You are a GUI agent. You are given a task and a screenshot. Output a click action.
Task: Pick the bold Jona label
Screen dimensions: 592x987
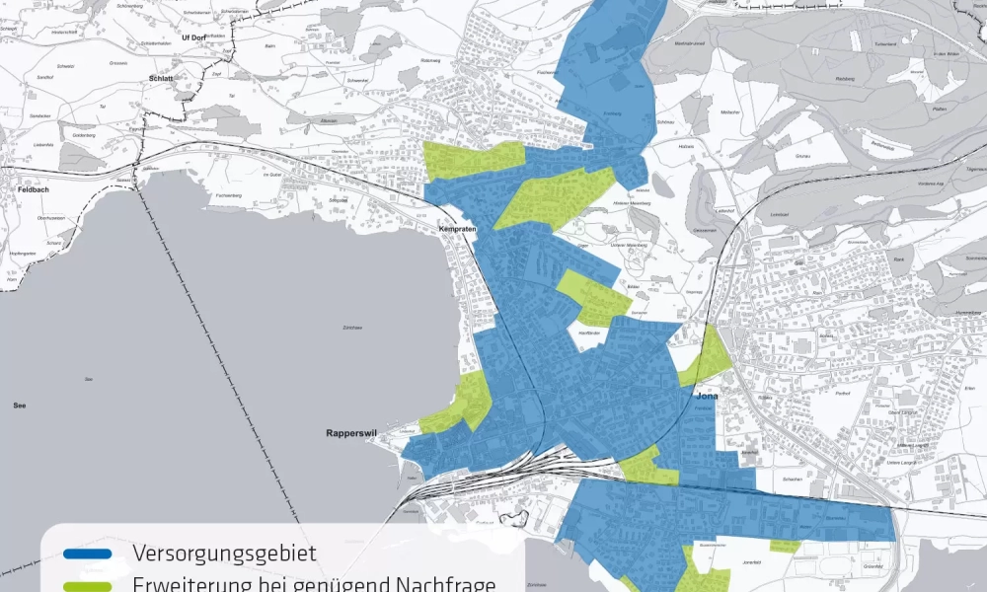click(707, 396)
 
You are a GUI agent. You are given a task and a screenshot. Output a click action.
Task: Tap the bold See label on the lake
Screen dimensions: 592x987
click(20, 406)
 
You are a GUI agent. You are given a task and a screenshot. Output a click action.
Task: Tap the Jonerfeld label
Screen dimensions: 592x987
click(744, 560)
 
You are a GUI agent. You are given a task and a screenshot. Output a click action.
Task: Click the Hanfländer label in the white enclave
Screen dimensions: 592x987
click(589, 333)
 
